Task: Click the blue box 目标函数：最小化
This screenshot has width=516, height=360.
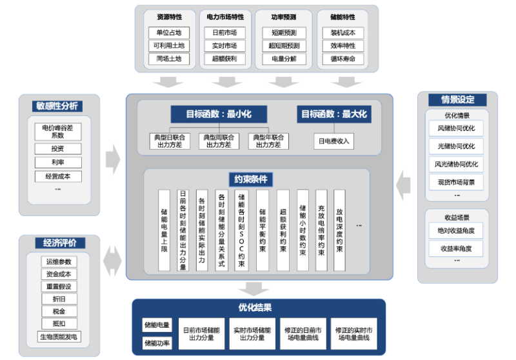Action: click(x=219, y=114)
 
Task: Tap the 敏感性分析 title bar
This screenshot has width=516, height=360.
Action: click(x=59, y=106)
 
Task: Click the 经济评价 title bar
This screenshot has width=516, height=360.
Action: click(x=59, y=244)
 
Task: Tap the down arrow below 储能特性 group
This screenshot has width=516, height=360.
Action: click(x=347, y=82)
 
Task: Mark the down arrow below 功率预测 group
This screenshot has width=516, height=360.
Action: click(x=284, y=82)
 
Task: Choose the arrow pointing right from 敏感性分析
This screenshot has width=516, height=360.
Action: click(x=113, y=155)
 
